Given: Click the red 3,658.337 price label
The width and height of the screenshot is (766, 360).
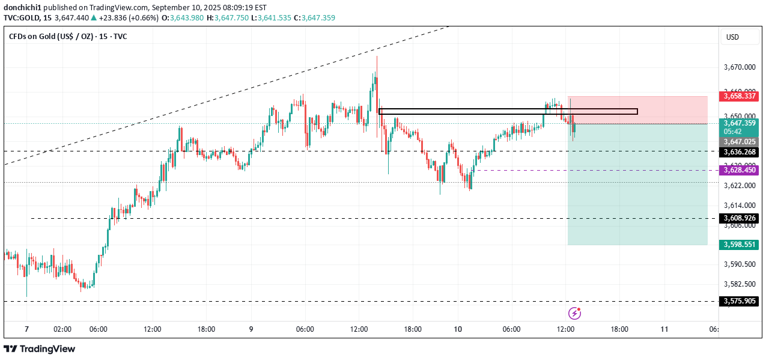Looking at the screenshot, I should [x=739, y=96].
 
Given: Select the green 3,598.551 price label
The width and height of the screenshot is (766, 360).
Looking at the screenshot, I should [x=739, y=245].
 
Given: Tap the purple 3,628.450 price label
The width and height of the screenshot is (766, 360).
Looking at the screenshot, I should [x=739, y=170].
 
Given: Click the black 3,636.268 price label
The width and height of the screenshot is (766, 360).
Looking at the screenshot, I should [x=739, y=151].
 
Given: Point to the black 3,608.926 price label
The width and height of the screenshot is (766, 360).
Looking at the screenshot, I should [x=739, y=218].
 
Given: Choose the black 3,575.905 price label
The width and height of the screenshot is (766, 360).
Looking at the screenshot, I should [x=739, y=301].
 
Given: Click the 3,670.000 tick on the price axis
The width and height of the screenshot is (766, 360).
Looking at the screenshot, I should [x=739, y=67].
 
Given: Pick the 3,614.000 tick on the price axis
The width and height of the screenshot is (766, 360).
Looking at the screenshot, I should [x=739, y=205].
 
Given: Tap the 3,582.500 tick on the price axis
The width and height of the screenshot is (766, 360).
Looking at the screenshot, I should [x=739, y=284].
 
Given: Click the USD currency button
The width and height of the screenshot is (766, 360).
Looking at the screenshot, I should [x=732, y=37].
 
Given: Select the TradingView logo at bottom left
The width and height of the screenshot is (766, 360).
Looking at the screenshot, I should [x=40, y=349].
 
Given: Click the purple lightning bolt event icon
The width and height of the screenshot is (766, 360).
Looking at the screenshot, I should [x=575, y=313].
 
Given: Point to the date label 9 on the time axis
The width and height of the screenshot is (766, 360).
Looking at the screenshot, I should [x=251, y=329].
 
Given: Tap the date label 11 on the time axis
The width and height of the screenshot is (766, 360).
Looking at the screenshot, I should [x=664, y=329].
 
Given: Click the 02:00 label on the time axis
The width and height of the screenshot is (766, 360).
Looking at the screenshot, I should [x=62, y=329].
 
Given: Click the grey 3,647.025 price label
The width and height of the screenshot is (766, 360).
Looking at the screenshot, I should [x=739, y=142].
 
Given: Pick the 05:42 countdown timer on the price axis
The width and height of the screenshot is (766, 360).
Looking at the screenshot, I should [x=732, y=131].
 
